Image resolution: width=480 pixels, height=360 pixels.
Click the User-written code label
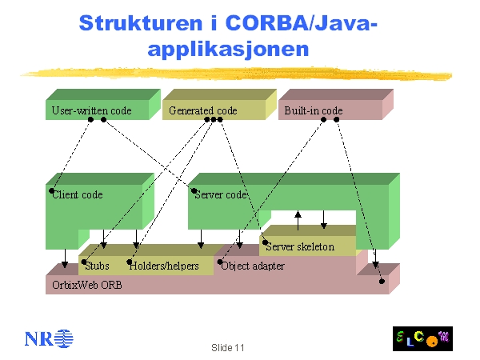click(91, 110)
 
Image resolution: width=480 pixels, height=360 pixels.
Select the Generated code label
click(202, 110)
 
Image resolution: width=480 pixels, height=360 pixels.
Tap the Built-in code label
click(313, 110)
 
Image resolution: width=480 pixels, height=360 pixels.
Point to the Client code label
click(78, 194)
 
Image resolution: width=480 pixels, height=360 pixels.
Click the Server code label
click(221, 194)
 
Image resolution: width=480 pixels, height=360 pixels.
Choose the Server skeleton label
click(300, 246)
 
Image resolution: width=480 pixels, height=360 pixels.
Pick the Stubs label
click(98, 266)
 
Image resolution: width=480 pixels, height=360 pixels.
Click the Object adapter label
click(253, 266)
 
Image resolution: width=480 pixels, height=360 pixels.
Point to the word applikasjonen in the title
click(229, 49)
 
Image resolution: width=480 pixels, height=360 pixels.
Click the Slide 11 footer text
click(228, 348)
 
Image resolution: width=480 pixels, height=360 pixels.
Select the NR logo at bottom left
click(49, 338)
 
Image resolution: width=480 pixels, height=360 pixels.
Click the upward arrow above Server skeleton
click(298, 218)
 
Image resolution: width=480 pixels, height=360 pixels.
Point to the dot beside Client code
click(53, 191)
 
